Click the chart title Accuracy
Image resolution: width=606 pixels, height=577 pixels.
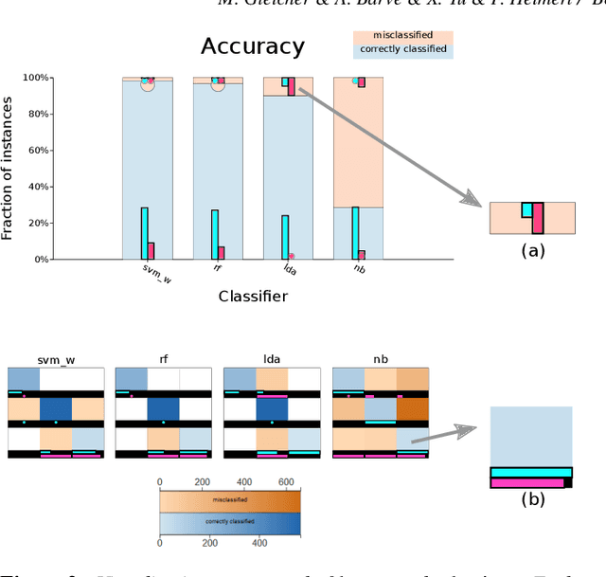point(253,46)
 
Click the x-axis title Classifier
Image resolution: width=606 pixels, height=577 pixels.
point(253,297)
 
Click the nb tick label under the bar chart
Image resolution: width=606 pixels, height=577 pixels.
point(360,270)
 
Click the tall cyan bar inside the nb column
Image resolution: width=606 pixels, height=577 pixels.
point(355,233)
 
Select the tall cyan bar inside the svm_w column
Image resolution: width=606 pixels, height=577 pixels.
point(144,233)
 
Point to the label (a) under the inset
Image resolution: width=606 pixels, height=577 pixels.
point(532,250)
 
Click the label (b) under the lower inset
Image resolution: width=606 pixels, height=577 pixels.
point(532,499)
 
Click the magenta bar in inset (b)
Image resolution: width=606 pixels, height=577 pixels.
point(526,482)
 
